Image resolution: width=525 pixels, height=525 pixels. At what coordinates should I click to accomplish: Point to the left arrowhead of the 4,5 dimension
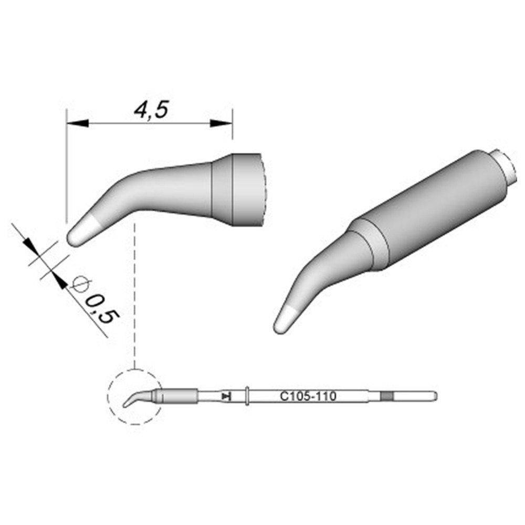coord(77,124)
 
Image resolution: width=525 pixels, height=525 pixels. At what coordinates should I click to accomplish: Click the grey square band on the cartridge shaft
coord(386,396)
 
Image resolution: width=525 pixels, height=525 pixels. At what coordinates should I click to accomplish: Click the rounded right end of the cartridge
coord(434,396)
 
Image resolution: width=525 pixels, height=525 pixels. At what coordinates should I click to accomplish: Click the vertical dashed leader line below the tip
coord(135,294)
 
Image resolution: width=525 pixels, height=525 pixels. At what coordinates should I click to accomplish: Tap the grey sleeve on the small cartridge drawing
coord(178,396)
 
